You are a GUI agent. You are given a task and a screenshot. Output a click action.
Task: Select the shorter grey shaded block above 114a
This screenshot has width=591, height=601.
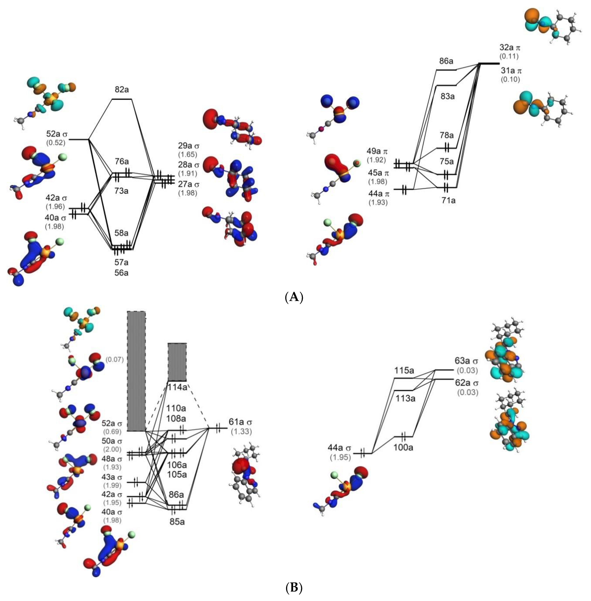[177, 362]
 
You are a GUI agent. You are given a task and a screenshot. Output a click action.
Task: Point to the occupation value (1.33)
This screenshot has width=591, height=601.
[241, 431]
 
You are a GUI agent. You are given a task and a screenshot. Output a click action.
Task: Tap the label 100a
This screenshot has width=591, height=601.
[404, 448]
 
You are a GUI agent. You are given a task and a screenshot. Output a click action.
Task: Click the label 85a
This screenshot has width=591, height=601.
[177, 522]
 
